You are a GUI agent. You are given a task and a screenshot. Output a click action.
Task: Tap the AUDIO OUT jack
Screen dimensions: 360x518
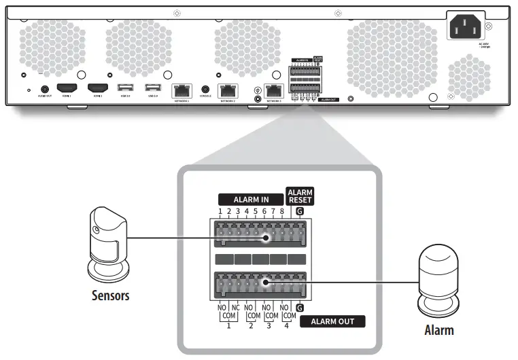pyautogui.click(x=46, y=88)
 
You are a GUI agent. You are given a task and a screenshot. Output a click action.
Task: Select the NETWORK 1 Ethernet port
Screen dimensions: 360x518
pyautogui.click(x=182, y=90)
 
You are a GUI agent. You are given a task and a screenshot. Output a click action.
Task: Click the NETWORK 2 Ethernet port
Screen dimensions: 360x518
pyautogui.click(x=227, y=90)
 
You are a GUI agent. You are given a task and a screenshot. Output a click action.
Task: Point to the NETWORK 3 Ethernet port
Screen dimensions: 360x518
pyautogui.click(x=274, y=90)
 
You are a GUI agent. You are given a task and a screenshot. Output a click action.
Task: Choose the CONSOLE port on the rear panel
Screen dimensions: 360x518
pyautogui.click(x=206, y=89)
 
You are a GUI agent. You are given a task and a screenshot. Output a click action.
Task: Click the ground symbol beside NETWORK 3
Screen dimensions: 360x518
pyautogui.click(x=258, y=90)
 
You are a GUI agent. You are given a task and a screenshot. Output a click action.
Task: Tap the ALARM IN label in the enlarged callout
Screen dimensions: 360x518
pyautogui.click(x=250, y=200)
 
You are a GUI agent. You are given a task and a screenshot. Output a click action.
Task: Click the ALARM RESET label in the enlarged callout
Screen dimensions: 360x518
pyautogui.click(x=300, y=195)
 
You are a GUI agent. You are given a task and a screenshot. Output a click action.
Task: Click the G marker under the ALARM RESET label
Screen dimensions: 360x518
pyautogui.click(x=300, y=212)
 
